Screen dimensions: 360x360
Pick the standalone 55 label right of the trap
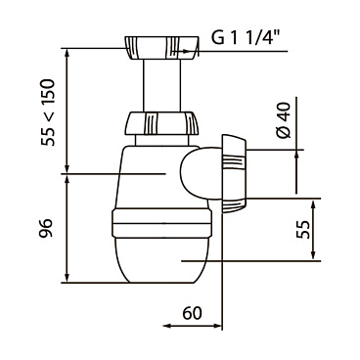click(304, 230)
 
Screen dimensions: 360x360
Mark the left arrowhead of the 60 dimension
click(163, 327)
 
